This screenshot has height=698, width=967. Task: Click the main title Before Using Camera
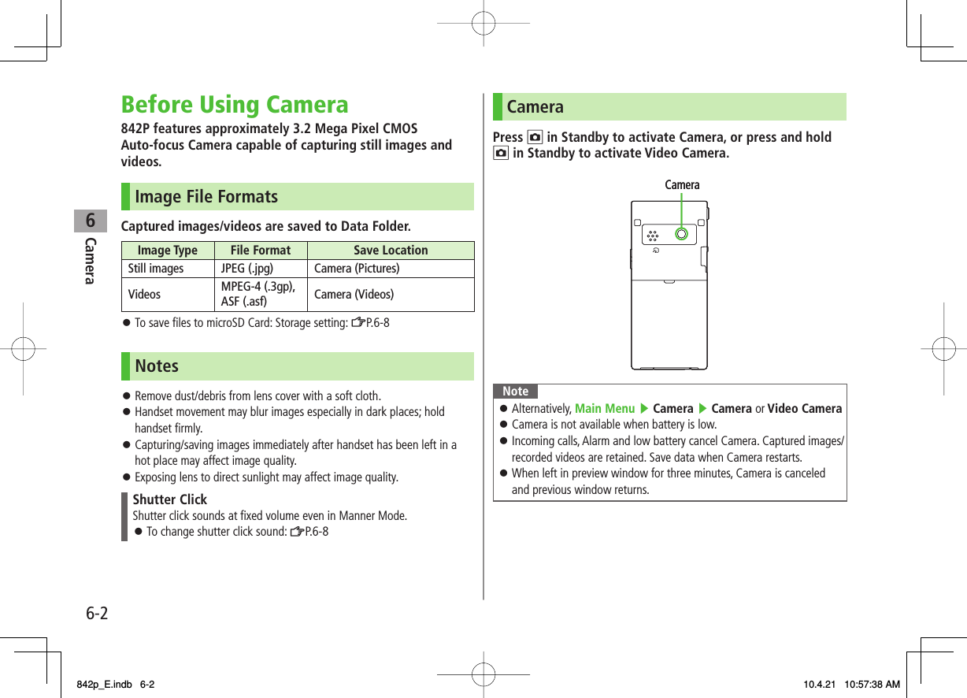(235, 105)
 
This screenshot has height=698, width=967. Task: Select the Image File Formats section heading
(206, 197)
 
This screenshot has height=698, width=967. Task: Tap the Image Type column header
(168, 251)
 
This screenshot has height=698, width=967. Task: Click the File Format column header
(260, 251)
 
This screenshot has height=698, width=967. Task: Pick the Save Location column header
(391, 251)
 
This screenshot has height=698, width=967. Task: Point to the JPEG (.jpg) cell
(247, 269)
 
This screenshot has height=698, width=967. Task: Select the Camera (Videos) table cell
(354, 295)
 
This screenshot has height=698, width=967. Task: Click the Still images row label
(156, 269)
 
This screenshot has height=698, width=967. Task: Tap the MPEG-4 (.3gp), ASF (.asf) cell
(258, 294)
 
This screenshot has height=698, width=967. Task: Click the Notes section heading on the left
(157, 366)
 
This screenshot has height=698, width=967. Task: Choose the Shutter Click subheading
(170, 499)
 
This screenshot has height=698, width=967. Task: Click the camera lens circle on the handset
(681, 234)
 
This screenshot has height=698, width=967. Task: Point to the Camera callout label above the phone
(682, 185)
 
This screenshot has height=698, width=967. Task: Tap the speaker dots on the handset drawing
(652, 235)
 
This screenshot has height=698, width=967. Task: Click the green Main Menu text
(605, 408)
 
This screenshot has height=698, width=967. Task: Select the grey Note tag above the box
(516, 392)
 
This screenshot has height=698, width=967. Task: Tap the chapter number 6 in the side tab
(91, 221)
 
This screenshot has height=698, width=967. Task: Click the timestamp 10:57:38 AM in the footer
(870, 685)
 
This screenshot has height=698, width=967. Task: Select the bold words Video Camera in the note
(805, 408)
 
